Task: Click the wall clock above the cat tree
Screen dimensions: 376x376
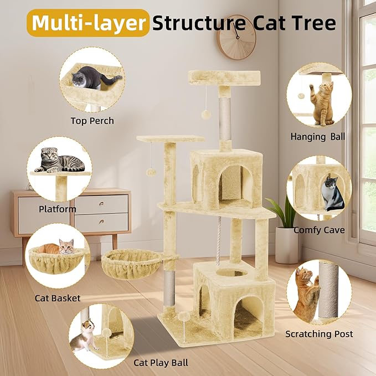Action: pos(236,37)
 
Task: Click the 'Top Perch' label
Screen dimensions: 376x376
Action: pos(92,121)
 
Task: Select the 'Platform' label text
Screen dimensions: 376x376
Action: pos(58,209)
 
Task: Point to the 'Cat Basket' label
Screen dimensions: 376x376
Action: pos(58,298)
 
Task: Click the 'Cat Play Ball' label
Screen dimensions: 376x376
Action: pos(161,363)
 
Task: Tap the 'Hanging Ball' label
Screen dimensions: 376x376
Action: pos(318,136)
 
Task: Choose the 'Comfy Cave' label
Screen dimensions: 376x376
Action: pos(319,230)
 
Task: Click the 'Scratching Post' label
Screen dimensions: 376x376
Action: pos(319,334)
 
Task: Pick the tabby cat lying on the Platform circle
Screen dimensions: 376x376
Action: pos(60,161)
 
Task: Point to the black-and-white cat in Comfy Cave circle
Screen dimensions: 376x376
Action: pos(332,193)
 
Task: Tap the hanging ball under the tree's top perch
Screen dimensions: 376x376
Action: pos(206,114)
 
